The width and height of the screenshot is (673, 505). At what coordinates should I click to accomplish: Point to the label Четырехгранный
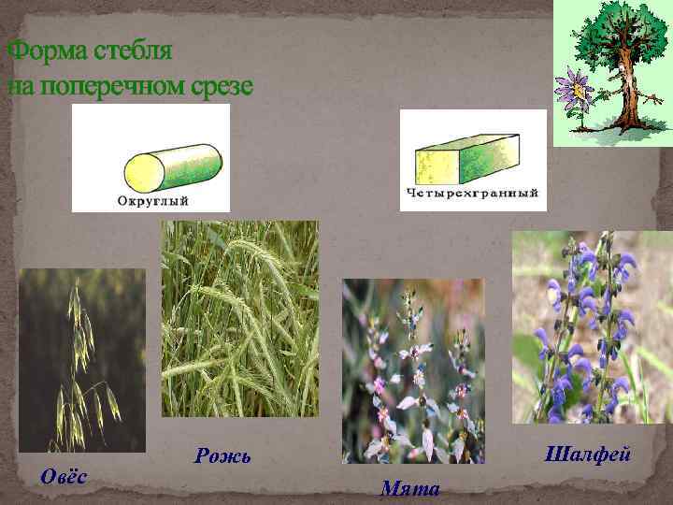click(x=472, y=194)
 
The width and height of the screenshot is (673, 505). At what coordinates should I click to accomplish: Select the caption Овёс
click(x=64, y=476)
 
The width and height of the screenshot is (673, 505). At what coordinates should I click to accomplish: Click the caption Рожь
click(x=222, y=455)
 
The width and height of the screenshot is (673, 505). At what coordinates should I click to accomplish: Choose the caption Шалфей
click(x=587, y=454)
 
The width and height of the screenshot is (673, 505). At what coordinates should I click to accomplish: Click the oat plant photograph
click(x=82, y=360)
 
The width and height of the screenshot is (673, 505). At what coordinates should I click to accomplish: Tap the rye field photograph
click(x=239, y=318)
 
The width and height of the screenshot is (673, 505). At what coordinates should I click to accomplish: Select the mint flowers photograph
click(x=413, y=370)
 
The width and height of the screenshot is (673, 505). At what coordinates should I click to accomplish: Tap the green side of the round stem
click(x=192, y=166)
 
